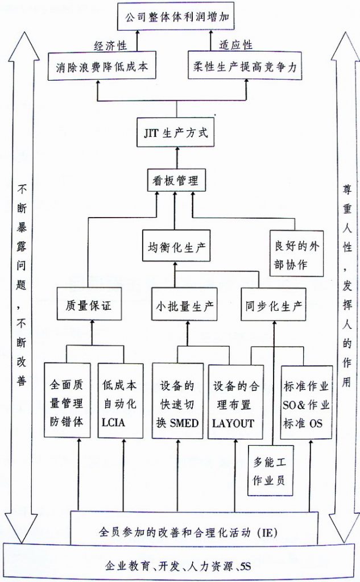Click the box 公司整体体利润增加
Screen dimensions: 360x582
[x=176, y=16]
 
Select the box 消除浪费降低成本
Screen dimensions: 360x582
[x=102, y=66]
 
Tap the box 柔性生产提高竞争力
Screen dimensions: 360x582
[x=245, y=66]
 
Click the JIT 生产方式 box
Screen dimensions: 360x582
[x=176, y=132]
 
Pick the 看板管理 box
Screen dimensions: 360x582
[x=176, y=180]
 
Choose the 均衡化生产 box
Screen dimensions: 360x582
[x=176, y=246]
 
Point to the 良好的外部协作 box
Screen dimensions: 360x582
[x=296, y=255]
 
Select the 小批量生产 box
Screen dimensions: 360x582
[x=185, y=305]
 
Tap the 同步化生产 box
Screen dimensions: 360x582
[x=274, y=305]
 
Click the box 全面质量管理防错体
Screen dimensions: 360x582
[x=67, y=400]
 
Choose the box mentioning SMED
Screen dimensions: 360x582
[x=177, y=401]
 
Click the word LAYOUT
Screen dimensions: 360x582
[x=233, y=423]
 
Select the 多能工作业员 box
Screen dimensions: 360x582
[x=271, y=471]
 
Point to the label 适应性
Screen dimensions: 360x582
[x=236, y=45]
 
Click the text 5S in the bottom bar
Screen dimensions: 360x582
[x=246, y=567]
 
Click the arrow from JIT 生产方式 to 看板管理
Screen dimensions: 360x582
[x=177, y=158]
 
